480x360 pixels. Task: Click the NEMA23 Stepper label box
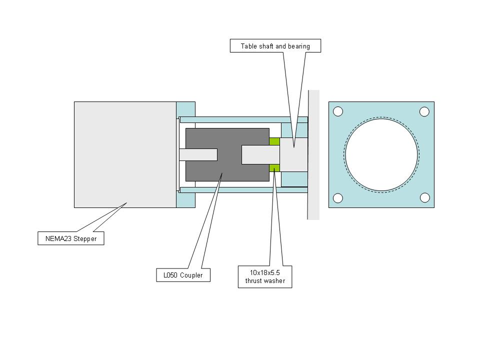pos(71,238)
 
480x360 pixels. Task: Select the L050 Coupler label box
pos(183,275)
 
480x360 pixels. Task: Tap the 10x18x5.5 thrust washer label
pos(265,277)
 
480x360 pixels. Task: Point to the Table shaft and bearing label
pos(275,46)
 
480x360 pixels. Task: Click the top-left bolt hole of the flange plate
pos(338,111)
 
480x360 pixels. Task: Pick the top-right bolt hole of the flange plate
pos(424,111)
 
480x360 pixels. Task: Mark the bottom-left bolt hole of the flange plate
pos(338,198)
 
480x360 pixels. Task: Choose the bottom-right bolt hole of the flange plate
pos(424,198)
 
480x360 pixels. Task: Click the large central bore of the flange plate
pos(381,155)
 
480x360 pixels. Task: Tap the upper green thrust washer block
pos(274,141)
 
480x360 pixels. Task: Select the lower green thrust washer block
pos(274,167)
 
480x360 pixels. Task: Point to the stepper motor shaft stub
pos(198,154)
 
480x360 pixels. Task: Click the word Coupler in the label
pos(192,275)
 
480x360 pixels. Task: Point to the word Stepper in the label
pos(85,238)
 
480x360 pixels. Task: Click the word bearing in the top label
pos(298,46)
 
